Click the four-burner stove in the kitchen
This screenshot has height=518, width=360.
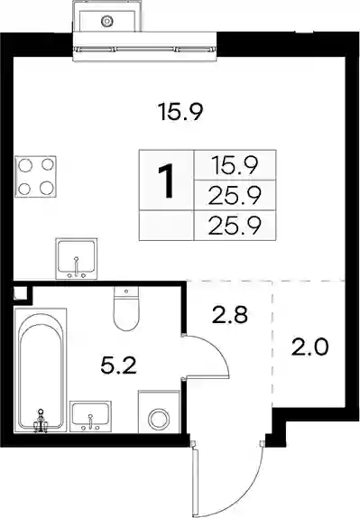click(36, 176)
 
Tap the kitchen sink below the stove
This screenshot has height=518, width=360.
click(77, 259)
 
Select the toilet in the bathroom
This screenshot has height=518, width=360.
click(126, 309)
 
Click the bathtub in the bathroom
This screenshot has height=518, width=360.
click(41, 370)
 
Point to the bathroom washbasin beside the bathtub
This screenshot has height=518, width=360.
click(90, 416)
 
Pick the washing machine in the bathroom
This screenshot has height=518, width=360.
click(159, 412)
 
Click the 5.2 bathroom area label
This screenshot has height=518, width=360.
click(118, 366)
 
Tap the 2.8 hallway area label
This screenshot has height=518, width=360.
click(230, 314)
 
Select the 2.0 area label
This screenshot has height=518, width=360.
click(309, 347)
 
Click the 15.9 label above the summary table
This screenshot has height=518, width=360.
click(180, 112)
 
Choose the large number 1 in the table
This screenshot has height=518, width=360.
click(167, 181)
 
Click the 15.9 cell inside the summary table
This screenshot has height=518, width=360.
click(235, 165)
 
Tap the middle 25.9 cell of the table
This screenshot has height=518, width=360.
click(235, 195)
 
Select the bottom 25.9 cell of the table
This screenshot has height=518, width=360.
click(235, 226)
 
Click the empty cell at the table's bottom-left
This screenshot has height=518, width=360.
click(167, 226)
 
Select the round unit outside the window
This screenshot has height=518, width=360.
click(107, 21)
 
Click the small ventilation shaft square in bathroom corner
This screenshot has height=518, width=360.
click(20, 293)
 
